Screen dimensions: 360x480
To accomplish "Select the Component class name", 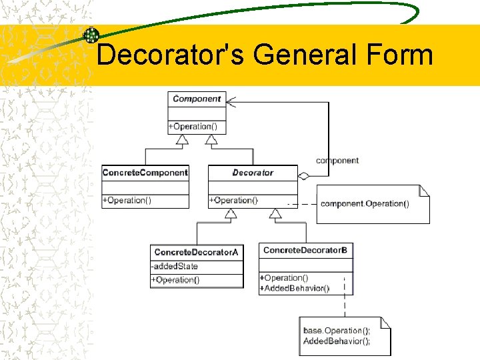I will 197,99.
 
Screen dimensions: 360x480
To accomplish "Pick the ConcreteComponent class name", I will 145,173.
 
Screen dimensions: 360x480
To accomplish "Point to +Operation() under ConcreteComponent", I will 127,200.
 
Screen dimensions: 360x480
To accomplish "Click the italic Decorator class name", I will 253,173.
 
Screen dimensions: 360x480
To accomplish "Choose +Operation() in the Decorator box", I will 233,200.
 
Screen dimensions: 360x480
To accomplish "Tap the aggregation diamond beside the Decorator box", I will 304,176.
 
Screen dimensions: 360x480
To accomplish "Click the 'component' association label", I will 337,161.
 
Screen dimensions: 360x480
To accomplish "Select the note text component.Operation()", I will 365,203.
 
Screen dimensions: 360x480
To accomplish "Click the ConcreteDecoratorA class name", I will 196,252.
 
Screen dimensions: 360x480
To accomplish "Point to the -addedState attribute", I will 175,266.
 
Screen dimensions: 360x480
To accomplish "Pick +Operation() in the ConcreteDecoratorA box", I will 175,280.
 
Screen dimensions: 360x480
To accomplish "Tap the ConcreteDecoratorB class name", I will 305,251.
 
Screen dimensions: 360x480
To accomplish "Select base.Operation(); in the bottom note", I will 337,331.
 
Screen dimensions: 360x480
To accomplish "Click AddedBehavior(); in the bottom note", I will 337,341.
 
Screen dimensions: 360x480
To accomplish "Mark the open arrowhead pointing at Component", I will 231,102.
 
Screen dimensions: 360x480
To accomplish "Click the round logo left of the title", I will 91,35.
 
